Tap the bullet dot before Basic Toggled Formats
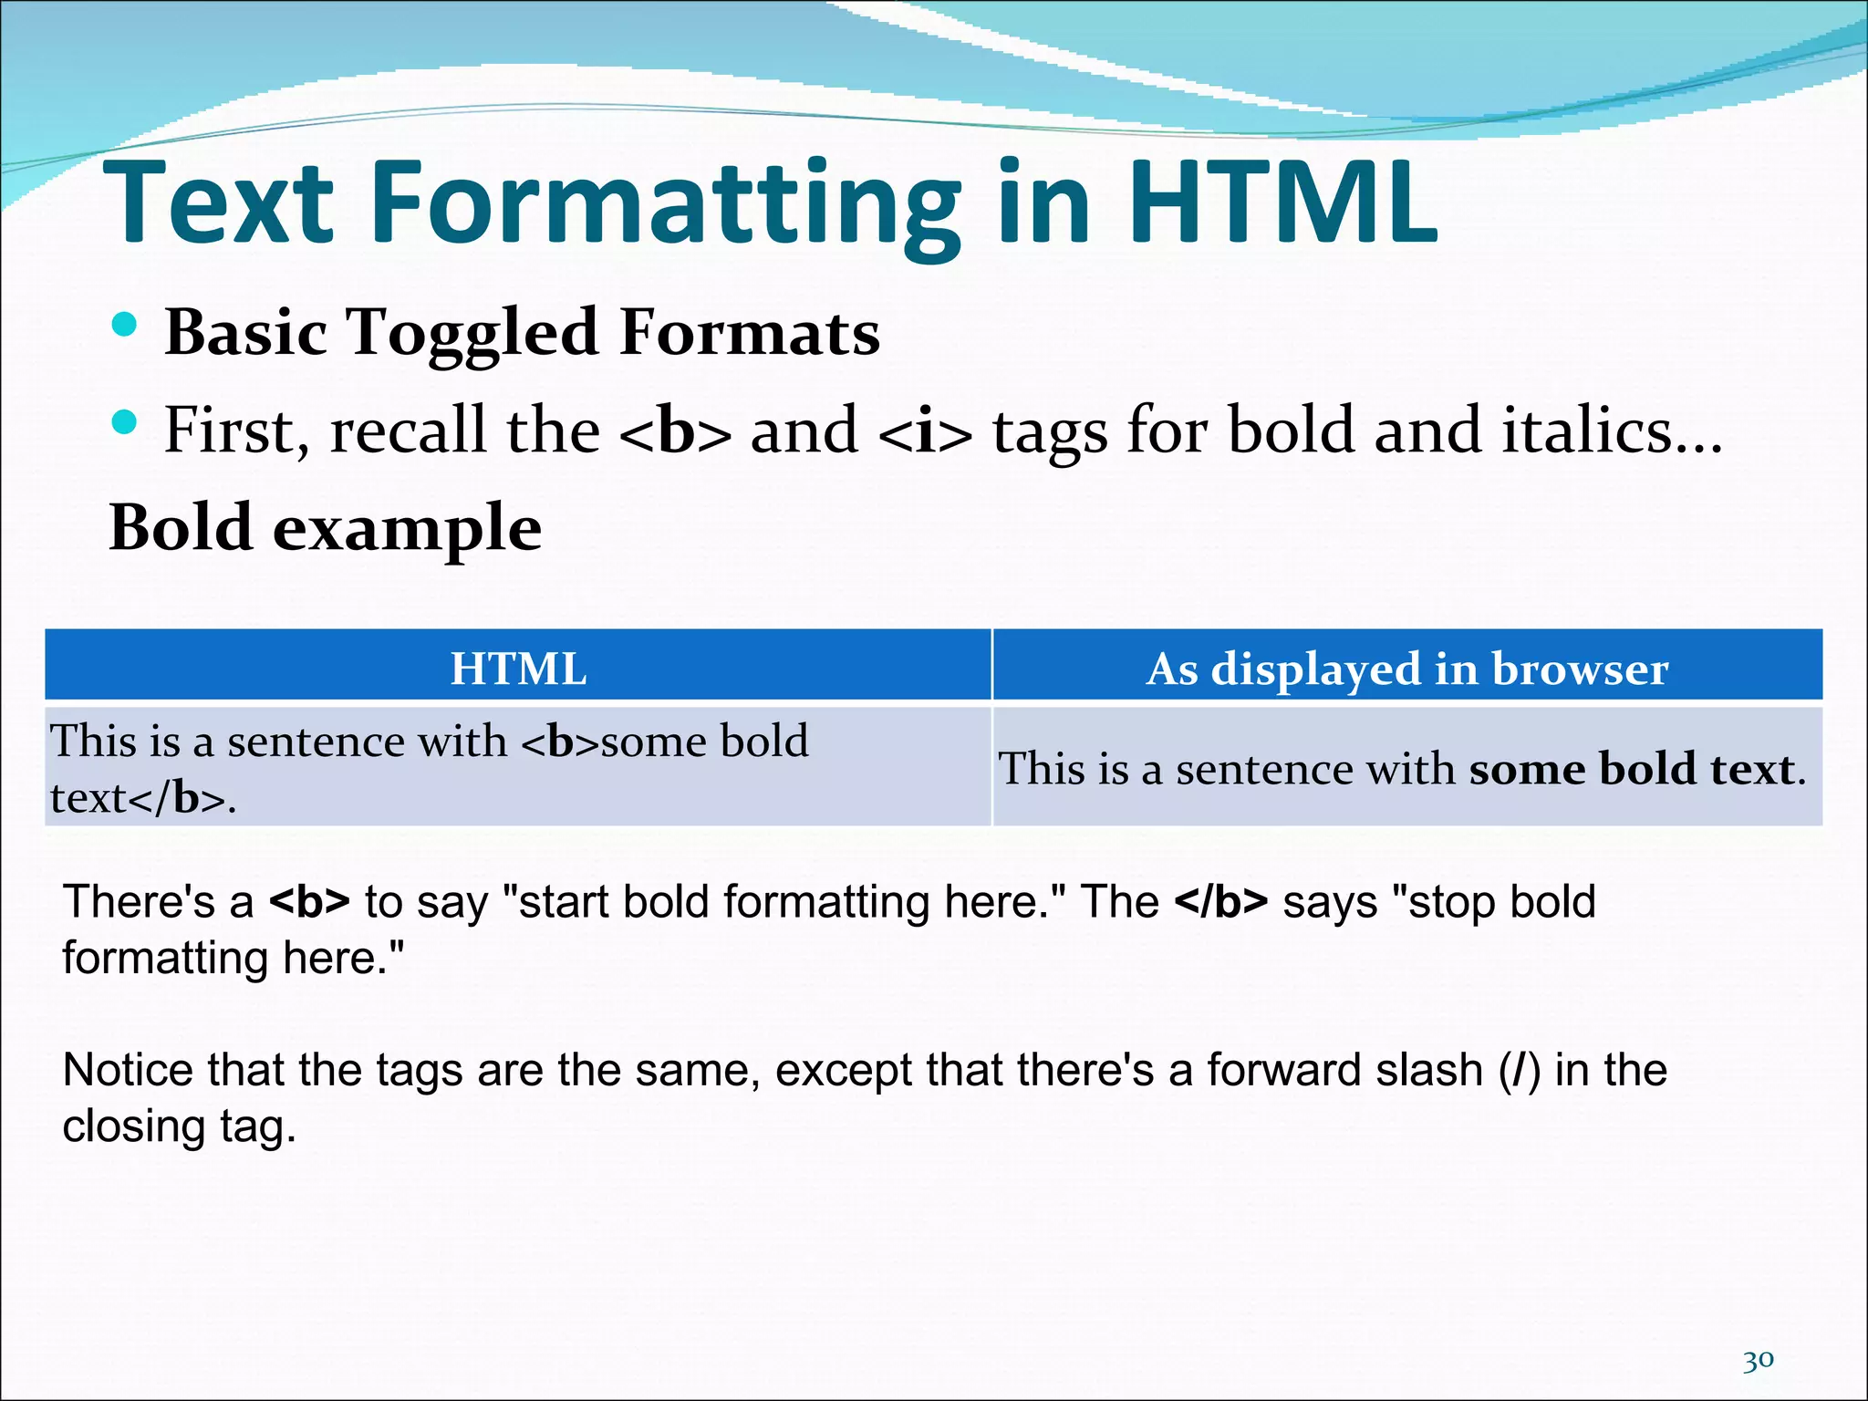[x=124, y=325]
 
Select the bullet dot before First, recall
[x=124, y=422]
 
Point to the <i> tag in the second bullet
[x=925, y=431]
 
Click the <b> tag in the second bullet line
[x=675, y=431]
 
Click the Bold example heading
[x=325, y=528]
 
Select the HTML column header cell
[x=518, y=668]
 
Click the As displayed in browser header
[x=1406, y=668]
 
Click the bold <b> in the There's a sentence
[x=309, y=901]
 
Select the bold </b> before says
[x=1220, y=901]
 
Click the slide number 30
[x=1758, y=1361]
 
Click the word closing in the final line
[x=132, y=1126]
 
